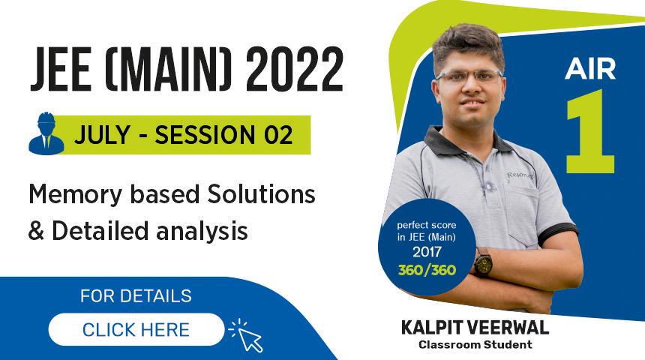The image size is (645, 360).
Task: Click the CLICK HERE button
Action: pos(136,329)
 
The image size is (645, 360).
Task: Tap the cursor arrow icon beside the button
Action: pos(250,336)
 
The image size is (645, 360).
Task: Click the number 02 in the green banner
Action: pos(273,136)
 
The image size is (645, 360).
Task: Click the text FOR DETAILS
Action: pos(136,295)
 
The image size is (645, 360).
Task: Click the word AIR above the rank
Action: pos(590,69)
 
